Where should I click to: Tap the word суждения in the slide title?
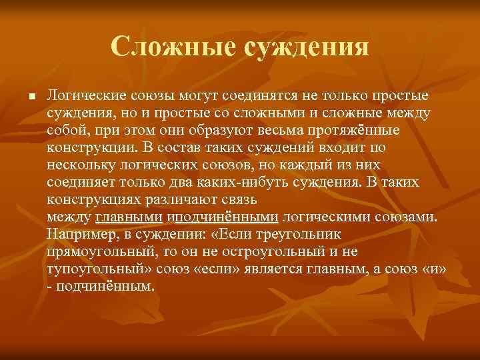point(304,47)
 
